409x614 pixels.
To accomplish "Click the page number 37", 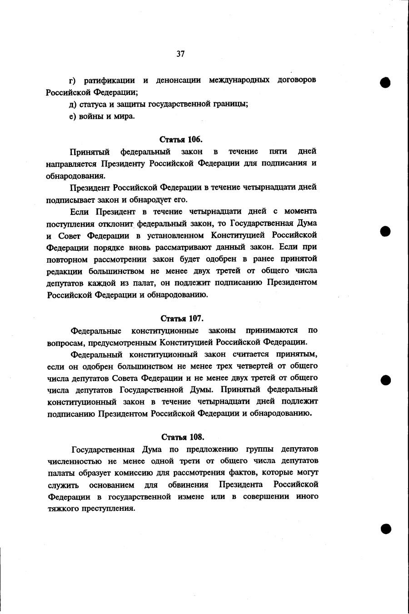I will tap(180, 54).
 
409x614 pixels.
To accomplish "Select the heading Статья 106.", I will tap(181, 139).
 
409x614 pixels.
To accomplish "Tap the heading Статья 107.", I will tap(182, 318).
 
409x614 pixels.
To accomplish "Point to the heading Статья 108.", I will tap(183, 437).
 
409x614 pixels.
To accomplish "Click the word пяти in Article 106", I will tap(278, 151).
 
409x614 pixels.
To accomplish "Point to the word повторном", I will tap(66, 259).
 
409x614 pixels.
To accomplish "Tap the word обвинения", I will tap(188, 484).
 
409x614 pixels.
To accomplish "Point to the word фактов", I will tap(268, 473).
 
